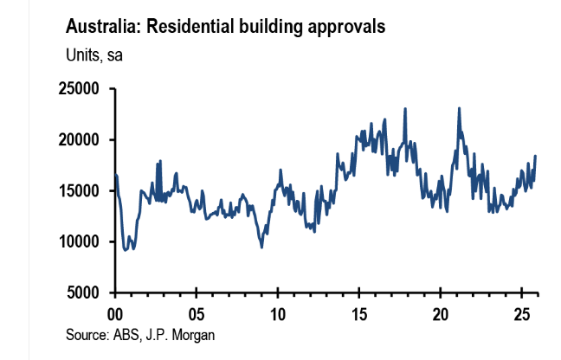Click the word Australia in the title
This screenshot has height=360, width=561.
[x=102, y=27]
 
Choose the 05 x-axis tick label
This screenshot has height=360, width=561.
[x=197, y=312]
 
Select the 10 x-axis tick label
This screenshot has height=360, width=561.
[x=278, y=312]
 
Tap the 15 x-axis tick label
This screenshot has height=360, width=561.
[x=359, y=312]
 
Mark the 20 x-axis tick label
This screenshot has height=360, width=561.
[x=441, y=312]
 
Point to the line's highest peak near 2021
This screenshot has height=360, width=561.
[x=458, y=108]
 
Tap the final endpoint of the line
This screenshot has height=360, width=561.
[x=535, y=156]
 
